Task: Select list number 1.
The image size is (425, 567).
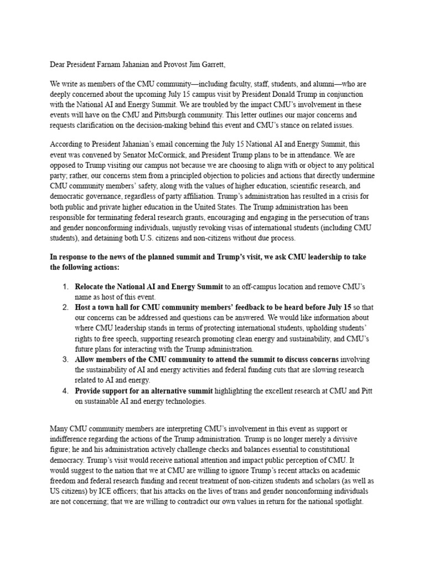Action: [x=65, y=286]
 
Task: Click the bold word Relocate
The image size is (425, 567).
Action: [x=92, y=286]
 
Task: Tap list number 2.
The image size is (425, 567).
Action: [x=65, y=307]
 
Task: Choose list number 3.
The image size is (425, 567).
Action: [x=65, y=359]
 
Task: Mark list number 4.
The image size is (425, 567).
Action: [x=65, y=391]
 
